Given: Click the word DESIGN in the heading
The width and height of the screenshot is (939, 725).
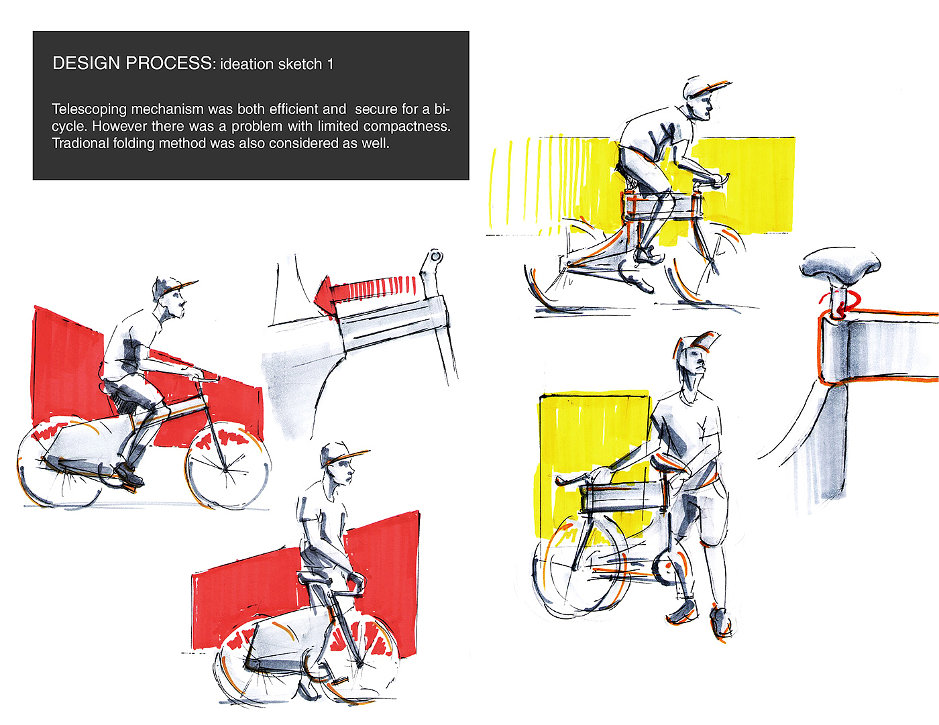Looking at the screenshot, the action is pos(86,63).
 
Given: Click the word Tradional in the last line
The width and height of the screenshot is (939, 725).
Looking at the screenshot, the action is pos(80,143).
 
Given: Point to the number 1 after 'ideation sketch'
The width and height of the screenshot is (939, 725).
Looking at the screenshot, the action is pos(331,64).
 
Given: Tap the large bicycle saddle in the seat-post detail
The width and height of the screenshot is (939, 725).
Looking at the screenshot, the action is pos(840,264).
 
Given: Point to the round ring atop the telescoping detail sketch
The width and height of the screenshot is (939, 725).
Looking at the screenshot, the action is pos(435,257).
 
